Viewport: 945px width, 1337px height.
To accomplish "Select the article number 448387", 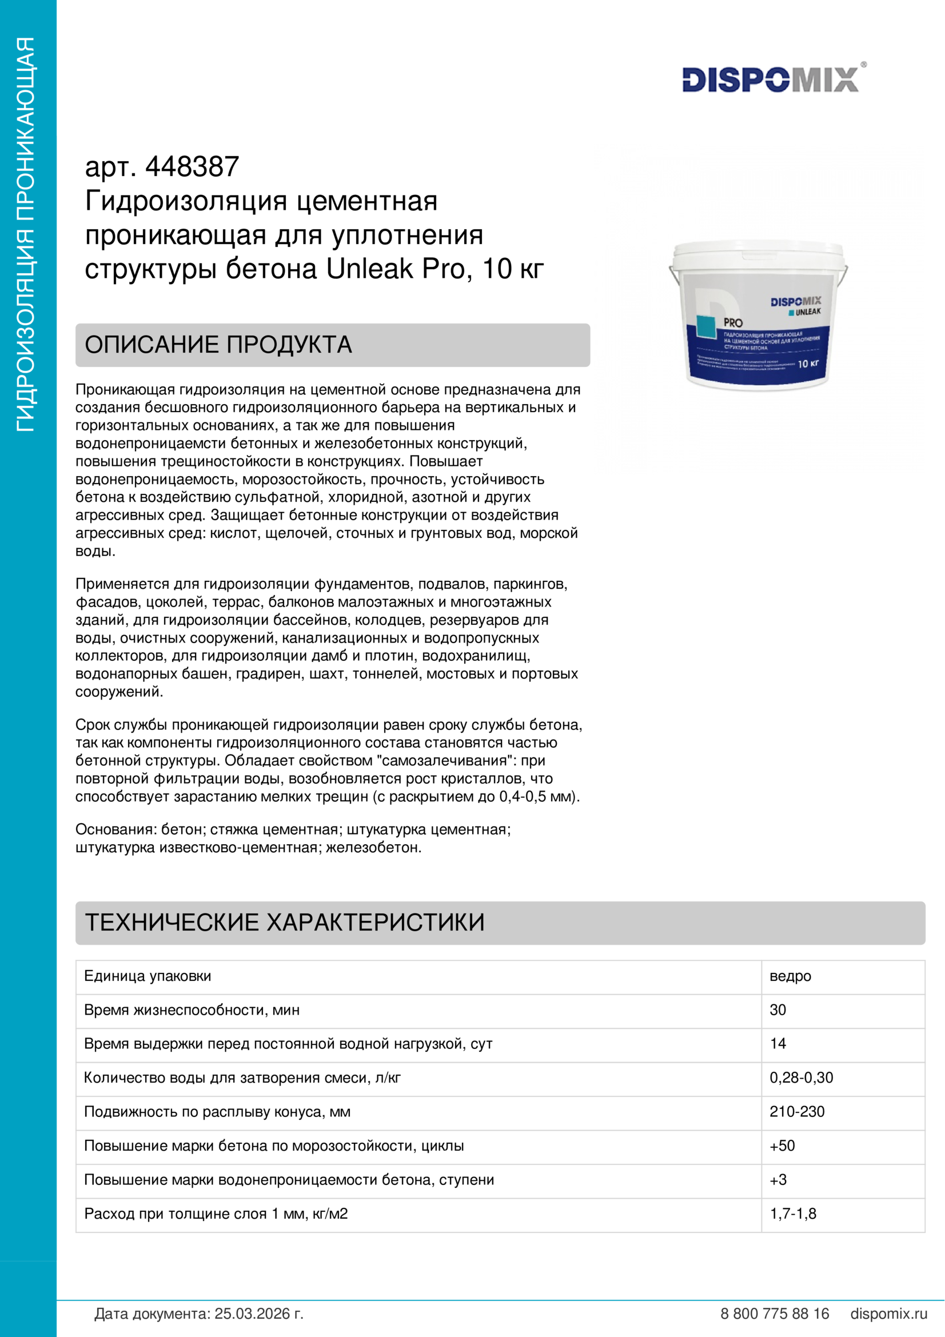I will coord(192,167).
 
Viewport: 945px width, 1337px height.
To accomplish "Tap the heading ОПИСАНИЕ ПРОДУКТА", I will coord(218,345).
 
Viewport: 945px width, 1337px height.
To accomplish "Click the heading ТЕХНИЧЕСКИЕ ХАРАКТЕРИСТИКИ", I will coord(285,923).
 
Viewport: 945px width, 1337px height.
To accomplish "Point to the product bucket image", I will coord(757,314).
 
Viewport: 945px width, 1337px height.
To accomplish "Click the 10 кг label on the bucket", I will coord(808,364).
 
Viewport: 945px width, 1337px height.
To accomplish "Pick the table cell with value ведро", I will coord(790,976).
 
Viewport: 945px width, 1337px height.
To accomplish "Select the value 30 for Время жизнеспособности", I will coord(778,1009).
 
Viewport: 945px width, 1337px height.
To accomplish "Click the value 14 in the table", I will coord(778,1044).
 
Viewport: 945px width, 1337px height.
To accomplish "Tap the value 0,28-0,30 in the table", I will coord(801,1077).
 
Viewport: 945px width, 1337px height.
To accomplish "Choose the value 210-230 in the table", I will coord(797,1112).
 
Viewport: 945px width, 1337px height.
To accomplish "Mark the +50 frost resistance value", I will coord(782,1146).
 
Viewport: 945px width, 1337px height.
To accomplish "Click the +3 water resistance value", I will coord(778,1179).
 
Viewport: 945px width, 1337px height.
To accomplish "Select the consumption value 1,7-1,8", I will coord(793,1214).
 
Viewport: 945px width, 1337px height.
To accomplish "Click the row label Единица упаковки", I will coord(148,976).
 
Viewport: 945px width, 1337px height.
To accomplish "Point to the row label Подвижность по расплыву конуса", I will coord(217,1112).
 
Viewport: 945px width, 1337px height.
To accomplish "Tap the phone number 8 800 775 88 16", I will coord(775,1314).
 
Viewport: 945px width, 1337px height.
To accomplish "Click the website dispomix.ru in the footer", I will coord(888,1314).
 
